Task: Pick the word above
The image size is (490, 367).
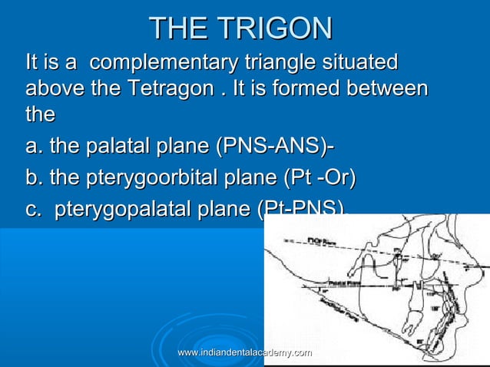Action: [x=53, y=88]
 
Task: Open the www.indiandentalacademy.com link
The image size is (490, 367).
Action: [x=243, y=352]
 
